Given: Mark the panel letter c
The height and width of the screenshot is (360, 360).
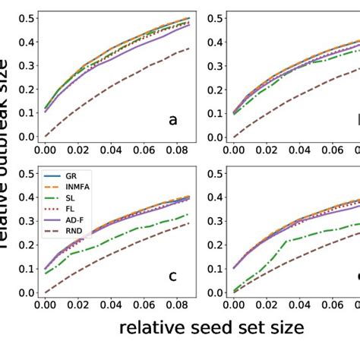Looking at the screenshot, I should [172, 276].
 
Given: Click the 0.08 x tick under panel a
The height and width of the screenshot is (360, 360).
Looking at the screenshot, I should [177, 152].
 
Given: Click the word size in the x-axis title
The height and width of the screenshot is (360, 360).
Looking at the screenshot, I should [282, 327].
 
